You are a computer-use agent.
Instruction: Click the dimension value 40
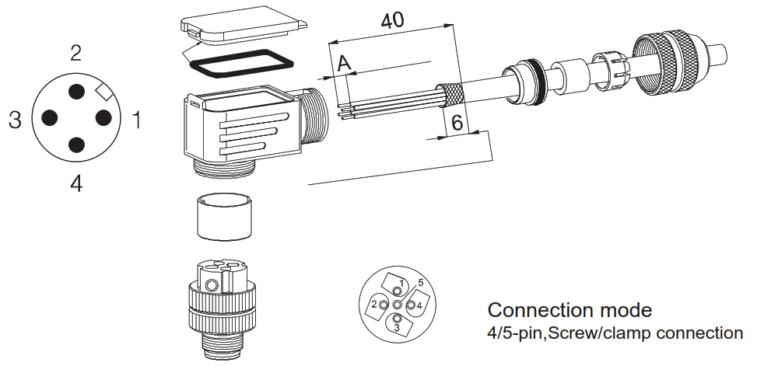[x=392, y=21]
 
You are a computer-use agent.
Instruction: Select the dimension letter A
[x=344, y=63]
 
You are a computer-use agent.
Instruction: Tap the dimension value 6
[x=457, y=123]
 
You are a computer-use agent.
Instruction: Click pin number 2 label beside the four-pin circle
[x=75, y=53]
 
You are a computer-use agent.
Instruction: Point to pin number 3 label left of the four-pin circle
[x=15, y=120]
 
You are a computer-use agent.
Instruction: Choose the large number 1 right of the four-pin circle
[x=137, y=120]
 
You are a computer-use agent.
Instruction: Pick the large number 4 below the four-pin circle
[x=76, y=183]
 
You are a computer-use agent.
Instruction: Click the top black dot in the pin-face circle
[x=76, y=92]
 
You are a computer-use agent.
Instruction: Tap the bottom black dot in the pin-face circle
[x=76, y=145]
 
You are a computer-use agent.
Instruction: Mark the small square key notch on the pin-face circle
[x=103, y=92]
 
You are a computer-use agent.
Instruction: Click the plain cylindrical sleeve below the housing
[x=225, y=216]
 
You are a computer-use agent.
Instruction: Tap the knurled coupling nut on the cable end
[x=671, y=63]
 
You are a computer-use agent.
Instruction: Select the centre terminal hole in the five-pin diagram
[x=397, y=305]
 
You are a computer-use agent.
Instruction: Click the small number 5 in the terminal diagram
[x=420, y=283]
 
